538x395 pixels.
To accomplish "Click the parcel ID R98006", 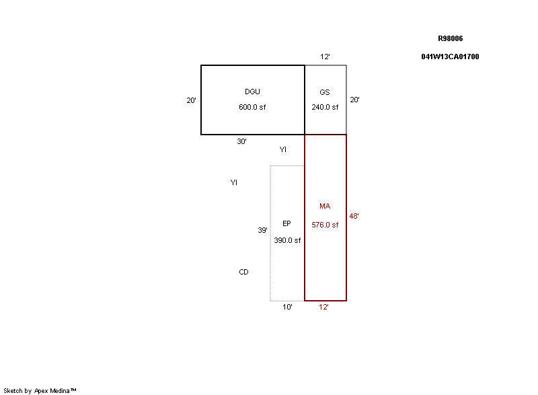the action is (x=450, y=38).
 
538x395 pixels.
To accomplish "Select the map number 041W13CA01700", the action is (x=450, y=57).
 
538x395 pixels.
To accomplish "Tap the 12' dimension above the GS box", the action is (x=325, y=57).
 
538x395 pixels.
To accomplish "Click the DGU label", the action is (x=252, y=92).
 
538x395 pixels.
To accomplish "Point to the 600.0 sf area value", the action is (x=252, y=107).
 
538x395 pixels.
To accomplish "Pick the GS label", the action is (x=325, y=92).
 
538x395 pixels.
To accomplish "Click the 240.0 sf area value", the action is (x=325, y=107).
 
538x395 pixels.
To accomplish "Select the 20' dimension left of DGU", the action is (x=191, y=100).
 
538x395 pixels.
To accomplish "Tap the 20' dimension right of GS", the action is (x=354, y=100).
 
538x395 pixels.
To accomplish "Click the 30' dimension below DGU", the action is (x=241, y=141).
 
